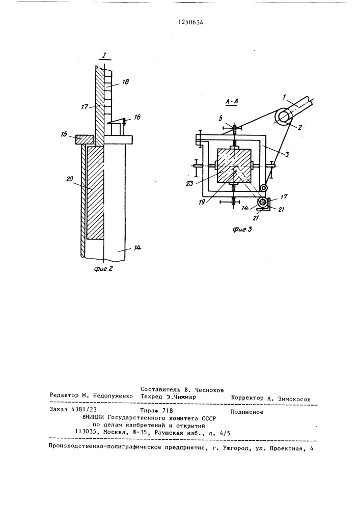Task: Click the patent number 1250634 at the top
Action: [191, 22]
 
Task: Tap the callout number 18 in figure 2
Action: [125, 82]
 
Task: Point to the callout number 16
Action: [137, 117]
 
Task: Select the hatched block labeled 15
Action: [85, 139]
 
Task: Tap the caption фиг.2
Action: [103, 269]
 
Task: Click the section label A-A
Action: [232, 102]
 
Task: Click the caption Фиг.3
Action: [242, 230]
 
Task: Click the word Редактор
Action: [64, 395]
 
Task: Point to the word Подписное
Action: [247, 412]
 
